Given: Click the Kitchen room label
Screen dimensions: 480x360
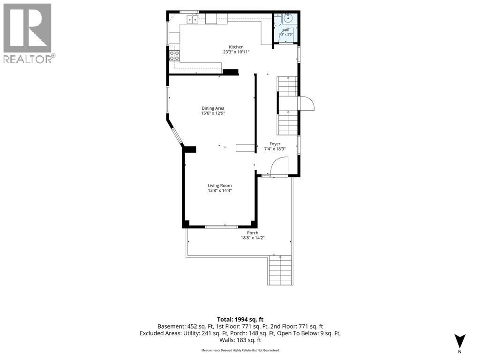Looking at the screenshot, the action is pos(236,47).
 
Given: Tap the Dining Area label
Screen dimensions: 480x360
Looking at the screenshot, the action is pos(213,108).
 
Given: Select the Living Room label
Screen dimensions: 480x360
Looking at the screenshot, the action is pos(220,186).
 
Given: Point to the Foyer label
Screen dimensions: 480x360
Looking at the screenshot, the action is pos(275,144).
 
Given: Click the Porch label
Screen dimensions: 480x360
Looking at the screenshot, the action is pos(253,233).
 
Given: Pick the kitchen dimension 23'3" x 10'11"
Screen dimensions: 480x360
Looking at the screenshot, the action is pos(236,52).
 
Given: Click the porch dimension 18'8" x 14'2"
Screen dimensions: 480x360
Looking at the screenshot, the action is pos(253,238).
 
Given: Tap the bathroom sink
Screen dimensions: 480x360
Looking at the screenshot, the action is pos(288,18).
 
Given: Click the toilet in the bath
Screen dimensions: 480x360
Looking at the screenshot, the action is pos(277,19).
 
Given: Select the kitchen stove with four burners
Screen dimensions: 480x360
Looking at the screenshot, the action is pos(175,55).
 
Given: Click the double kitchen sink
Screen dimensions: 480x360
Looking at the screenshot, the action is pos(193,20).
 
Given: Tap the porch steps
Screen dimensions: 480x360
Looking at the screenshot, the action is pos(280,270).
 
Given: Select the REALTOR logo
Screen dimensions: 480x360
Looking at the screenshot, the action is pos(29,33).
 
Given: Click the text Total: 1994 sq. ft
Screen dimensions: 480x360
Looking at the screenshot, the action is pos(240,320).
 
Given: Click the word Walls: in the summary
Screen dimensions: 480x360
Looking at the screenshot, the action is pos(228,340).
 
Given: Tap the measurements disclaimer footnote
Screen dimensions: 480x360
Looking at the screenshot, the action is pos(240,350).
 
